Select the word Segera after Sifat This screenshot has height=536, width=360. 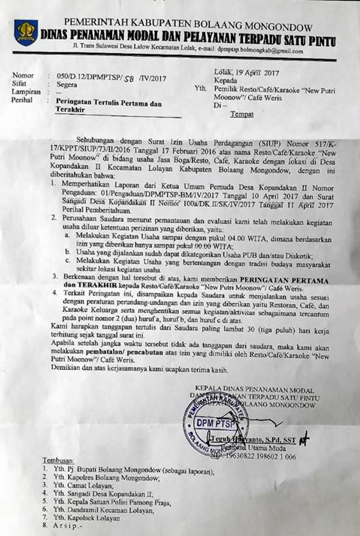[x=67, y=85]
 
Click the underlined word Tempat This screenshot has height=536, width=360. [x=242, y=114]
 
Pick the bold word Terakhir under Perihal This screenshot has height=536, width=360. [x=70, y=110]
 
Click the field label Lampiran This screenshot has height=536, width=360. [x=26, y=92]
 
